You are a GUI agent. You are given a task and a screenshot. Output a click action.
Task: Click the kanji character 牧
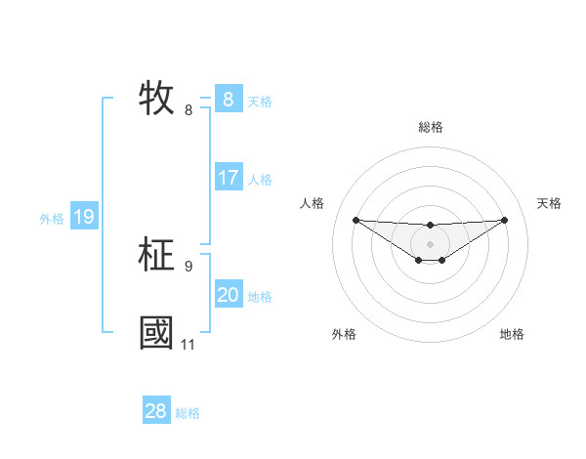pos(157,98)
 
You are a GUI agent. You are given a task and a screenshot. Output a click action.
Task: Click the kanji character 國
pos(157,332)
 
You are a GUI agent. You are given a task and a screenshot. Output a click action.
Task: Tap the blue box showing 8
pos(228,99)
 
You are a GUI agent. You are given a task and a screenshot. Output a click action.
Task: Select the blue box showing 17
pos(228,178)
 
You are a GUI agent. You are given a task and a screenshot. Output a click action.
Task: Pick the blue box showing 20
pos(228,295)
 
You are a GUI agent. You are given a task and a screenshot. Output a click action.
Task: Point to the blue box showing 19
pos(83,217)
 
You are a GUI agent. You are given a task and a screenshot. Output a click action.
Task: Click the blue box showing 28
pos(155,411)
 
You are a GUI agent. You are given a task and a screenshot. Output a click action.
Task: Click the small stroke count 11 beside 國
pos(188,345)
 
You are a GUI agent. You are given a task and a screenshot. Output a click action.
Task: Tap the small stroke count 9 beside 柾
pos(188,266)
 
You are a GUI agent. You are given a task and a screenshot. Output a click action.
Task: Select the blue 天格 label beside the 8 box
pos(260,101)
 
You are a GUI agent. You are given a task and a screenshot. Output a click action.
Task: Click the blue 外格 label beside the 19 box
pos(52,219)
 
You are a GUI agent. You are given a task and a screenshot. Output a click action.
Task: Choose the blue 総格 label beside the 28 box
pos(188,413)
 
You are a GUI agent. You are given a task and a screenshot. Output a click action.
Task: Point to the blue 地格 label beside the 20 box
pos(260,297)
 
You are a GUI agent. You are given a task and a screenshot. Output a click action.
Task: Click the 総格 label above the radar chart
pos(430,127)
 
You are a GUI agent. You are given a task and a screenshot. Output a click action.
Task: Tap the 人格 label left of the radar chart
pos(312,203)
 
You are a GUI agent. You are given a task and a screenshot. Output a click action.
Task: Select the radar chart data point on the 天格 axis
pos(504,220)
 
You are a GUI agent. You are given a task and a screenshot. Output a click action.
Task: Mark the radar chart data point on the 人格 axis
pos(356,220)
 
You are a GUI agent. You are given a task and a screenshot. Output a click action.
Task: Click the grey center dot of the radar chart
pos(430,244)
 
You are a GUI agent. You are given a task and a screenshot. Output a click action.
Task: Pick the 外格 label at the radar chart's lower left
pos(344,334)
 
